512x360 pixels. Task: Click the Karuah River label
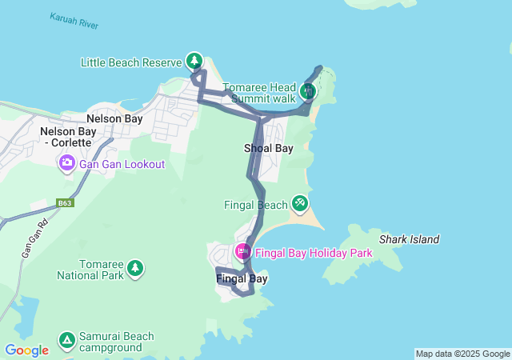point(74,21)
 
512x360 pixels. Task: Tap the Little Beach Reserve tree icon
point(194,61)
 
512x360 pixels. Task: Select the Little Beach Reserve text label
point(132,62)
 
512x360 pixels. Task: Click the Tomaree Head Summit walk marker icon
point(308,91)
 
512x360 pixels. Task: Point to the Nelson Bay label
point(114,118)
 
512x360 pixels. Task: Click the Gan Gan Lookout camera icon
point(66,164)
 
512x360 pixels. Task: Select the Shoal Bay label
point(269,148)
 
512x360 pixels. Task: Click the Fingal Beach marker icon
point(300,204)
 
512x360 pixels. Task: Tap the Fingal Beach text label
point(255,205)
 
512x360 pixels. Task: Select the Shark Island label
point(409,239)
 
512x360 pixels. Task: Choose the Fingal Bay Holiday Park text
point(314,253)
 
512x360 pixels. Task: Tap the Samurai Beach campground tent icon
point(67,341)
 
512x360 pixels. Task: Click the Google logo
point(26,350)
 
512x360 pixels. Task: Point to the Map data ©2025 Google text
point(462,354)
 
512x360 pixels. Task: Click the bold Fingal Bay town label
point(242,278)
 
